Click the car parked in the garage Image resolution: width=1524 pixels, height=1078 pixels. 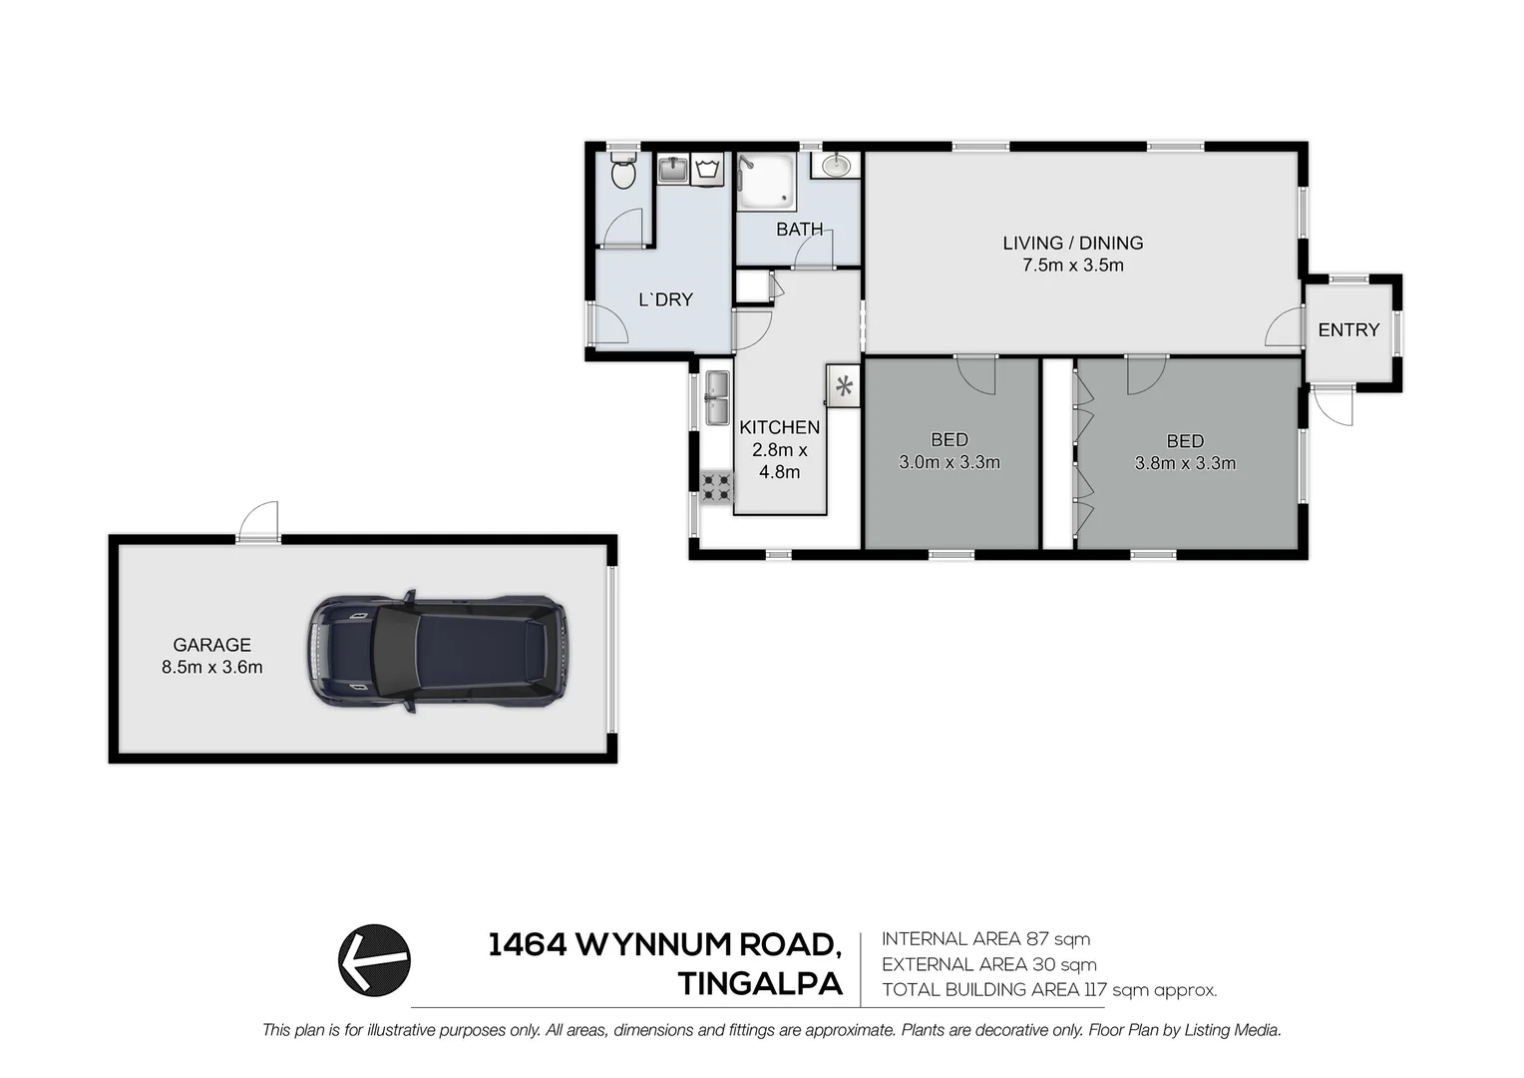437,652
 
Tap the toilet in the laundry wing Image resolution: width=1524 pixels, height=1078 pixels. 623,172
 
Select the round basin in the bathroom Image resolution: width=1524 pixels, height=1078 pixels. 836,165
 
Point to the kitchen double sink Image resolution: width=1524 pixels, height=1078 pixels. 717,397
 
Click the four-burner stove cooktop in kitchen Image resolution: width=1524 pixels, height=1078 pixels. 716,487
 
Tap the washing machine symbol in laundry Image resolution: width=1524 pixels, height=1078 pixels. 708,169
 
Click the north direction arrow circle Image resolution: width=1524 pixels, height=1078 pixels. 374,960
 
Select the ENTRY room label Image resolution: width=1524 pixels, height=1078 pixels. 1348,330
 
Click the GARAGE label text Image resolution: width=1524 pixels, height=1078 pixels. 211,645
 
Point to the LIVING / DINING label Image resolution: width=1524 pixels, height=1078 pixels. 1072,243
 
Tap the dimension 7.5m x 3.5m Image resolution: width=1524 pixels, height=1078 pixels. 1072,266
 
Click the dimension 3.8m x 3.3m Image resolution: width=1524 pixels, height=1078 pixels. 1185,463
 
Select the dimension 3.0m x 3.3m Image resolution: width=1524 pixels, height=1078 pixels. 950,462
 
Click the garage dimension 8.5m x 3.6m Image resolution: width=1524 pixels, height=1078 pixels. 211,668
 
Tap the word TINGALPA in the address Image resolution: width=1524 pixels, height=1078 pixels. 760,984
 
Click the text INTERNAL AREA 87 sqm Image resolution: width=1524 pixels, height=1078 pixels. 985,939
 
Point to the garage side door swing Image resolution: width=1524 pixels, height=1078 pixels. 259,521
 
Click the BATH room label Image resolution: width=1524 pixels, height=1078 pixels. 799,230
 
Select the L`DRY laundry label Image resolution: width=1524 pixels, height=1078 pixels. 665,299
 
